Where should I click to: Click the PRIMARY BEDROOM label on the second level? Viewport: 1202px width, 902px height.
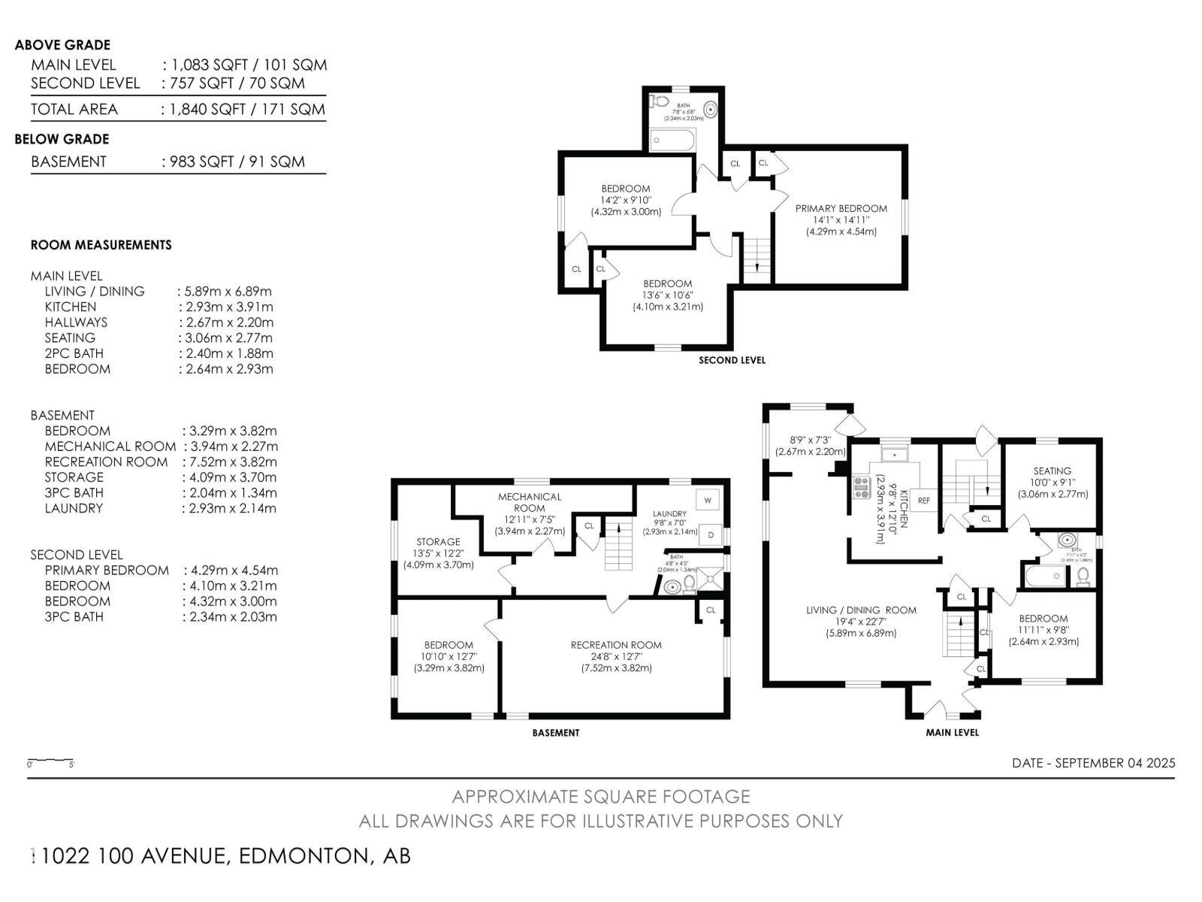point(841,208)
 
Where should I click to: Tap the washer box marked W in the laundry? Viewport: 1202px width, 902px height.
point(708,499)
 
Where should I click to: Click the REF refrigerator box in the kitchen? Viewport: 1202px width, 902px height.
point(924,500)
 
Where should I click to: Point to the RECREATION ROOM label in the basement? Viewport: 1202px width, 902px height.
point(616,645)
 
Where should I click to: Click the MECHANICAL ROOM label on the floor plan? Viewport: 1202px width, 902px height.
point(530,502)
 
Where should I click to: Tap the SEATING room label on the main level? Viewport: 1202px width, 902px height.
point(1052,471)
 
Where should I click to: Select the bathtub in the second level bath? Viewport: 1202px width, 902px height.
point(672,140)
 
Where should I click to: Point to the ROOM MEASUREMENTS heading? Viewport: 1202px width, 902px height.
point(101,245)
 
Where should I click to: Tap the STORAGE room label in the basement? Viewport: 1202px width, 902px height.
point(438,541)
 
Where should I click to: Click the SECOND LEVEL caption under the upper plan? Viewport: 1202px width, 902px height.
point(732,360)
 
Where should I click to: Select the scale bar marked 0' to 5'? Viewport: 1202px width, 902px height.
point(50,761)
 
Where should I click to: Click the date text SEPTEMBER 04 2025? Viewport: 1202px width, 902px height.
point(1115,763)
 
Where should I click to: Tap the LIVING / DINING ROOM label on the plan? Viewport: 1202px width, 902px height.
point(861,610)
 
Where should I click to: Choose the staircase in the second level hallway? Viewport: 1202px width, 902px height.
point(757,259)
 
